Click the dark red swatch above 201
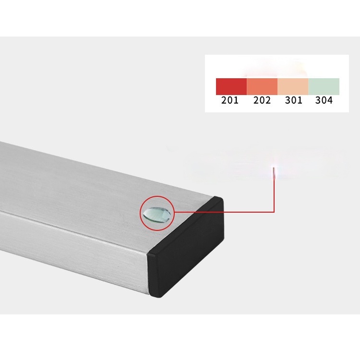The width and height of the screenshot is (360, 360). (231, 86)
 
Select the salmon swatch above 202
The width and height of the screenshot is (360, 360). (262, 86)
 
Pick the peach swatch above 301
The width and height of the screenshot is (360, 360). (293, 86)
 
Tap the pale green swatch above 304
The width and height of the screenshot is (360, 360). (324, 86)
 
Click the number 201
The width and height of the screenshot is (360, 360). (230, 100)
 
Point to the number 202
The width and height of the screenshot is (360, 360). (262, 100)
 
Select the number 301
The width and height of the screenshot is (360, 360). (294, 100)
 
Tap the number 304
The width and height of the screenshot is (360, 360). (324, 100)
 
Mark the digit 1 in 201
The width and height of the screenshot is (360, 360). (236, 100)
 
